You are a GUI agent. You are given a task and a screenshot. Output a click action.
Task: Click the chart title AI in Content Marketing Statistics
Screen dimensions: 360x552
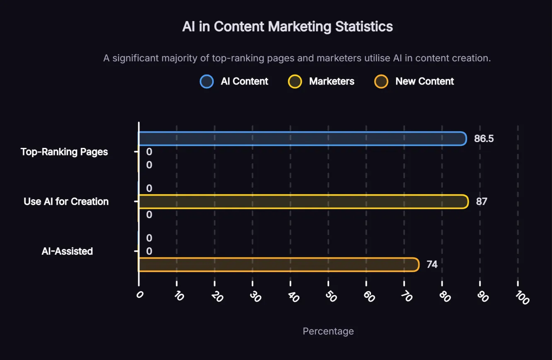287,27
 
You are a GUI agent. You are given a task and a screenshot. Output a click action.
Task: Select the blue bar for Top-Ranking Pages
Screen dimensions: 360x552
302,138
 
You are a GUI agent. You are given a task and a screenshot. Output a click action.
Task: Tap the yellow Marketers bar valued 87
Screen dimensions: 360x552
303,202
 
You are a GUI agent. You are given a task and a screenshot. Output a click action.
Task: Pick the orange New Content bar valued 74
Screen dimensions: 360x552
278,265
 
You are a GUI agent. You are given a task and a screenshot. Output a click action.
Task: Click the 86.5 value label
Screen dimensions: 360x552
484,139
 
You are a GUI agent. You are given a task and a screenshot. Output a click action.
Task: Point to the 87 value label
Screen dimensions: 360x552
482,202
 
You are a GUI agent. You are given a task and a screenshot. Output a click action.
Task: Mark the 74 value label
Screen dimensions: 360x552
432,264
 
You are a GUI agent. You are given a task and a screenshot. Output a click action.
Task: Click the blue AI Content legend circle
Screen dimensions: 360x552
206,81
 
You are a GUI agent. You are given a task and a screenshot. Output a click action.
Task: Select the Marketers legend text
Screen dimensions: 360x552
332,81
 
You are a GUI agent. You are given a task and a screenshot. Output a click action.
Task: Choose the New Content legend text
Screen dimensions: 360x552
424,81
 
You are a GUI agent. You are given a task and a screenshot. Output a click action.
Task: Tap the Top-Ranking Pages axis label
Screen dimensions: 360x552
64,152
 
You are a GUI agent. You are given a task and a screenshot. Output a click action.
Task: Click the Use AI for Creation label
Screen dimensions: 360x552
66,202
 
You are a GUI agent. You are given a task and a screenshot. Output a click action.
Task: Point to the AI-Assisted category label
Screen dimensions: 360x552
67,251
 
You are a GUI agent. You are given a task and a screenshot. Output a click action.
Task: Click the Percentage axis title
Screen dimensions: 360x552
328,331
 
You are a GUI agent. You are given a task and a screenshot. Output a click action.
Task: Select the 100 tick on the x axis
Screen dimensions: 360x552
523,297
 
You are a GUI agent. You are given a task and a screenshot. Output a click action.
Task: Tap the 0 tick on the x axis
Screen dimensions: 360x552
140,295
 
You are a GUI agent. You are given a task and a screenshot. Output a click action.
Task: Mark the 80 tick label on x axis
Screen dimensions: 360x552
445,297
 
